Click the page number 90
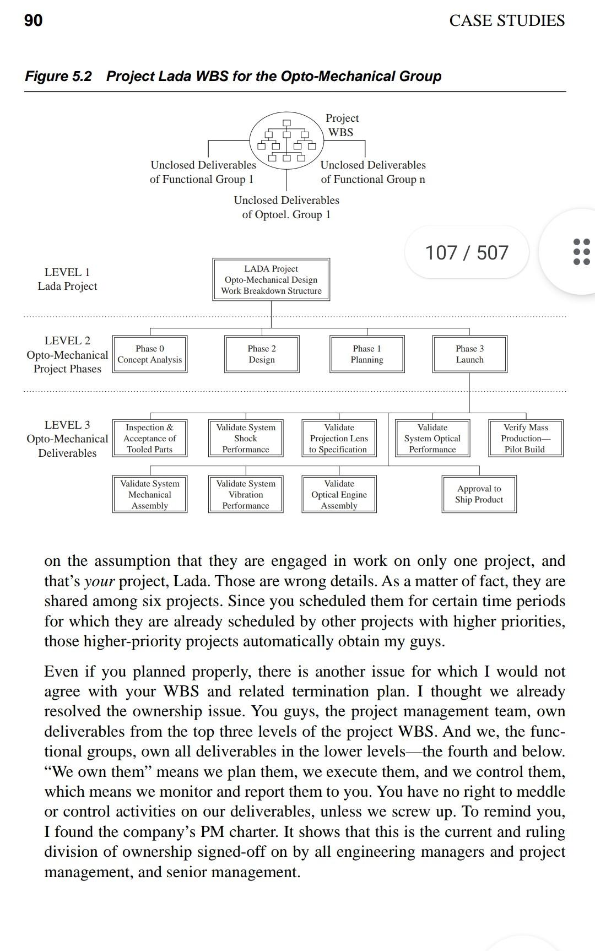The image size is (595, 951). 33,20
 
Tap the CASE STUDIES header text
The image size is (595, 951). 506,21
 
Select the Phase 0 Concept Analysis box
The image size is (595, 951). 150,354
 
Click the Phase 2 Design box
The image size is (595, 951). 262,354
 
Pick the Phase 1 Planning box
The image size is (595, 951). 367,354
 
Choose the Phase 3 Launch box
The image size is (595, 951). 469,354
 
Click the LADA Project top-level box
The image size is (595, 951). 271,279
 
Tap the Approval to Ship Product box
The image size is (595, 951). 479,494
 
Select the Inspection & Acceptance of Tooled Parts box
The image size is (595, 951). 149,439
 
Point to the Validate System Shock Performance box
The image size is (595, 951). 246,439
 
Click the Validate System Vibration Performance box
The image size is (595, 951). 246,495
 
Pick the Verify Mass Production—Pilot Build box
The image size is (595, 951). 526,439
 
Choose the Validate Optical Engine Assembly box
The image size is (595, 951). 339,495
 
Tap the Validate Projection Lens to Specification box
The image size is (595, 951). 339,439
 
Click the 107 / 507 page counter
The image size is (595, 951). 467,253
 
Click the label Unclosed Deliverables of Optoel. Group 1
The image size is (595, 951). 286,207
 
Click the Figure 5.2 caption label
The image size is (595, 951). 58,76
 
